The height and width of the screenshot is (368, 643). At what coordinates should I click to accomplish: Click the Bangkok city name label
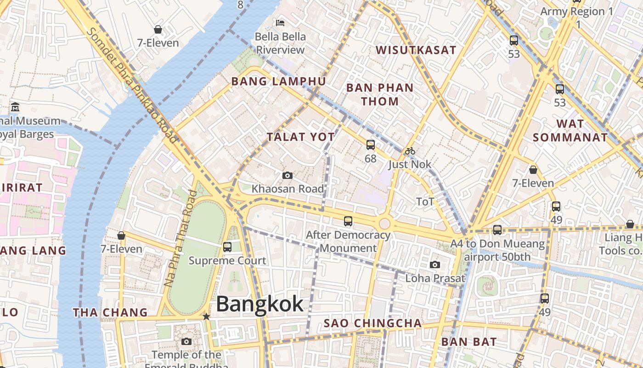coord(259,304)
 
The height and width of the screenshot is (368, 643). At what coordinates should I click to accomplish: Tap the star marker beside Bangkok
coord(206,316)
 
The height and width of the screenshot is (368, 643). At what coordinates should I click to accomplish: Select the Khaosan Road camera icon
coord(288,175)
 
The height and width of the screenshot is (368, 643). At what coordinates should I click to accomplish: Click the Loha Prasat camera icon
coord(434,264)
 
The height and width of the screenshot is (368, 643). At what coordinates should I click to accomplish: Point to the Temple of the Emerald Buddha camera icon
coord(186,341)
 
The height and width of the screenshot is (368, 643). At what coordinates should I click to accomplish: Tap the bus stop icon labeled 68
coord(370,145)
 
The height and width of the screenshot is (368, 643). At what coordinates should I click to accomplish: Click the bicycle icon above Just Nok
coord(410,151)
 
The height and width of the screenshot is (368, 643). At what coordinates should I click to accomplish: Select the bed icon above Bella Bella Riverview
coord(280,23)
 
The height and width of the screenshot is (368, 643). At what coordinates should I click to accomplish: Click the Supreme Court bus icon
coord(227,247)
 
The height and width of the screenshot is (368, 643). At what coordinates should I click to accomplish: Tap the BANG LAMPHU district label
coord(278,81)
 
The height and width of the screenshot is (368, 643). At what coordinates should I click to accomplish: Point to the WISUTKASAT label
coord(416,50)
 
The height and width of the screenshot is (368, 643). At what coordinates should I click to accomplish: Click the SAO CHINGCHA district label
coord(372,323)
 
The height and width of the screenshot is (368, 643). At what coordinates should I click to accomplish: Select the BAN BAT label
coord(468,342)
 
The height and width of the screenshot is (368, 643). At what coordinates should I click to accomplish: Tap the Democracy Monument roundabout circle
coord(384,224)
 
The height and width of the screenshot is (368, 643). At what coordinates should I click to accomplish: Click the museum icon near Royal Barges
coord(15,107)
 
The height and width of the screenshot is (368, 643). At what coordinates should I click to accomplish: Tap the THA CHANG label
coord(110,313)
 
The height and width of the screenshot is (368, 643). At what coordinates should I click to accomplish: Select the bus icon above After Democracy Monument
coord(348,221)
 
